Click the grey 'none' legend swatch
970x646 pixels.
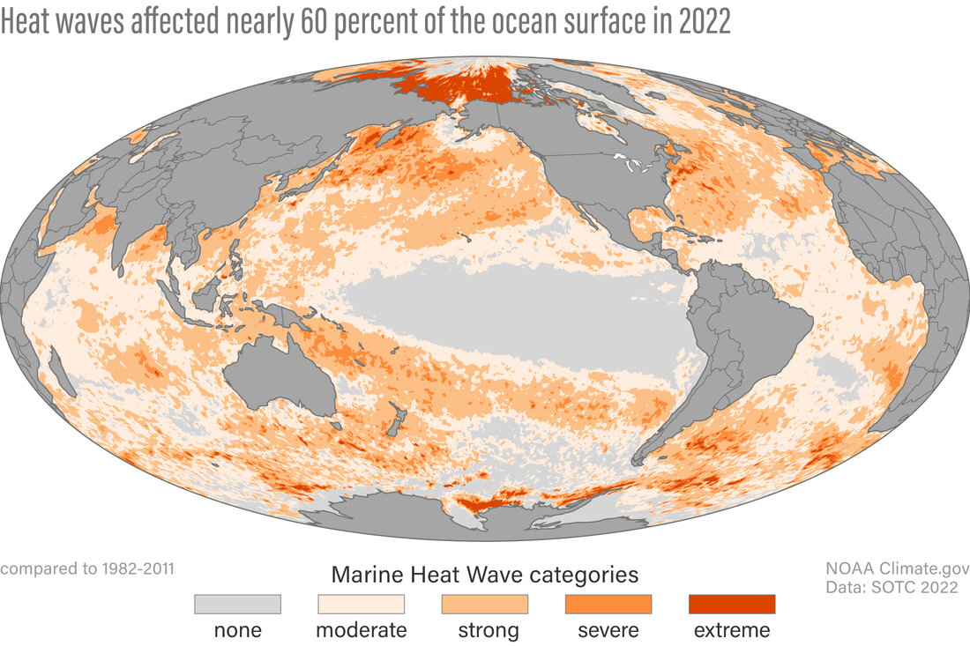[237, 604]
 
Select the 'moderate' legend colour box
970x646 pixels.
[361, 604]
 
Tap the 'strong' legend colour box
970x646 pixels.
[484, 604]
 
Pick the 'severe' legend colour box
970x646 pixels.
[608, 604]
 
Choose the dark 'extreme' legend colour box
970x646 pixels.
[731, 604]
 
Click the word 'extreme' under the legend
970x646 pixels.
[731, 630]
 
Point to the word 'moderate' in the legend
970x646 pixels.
[361, 630]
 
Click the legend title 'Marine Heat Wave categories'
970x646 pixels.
[484, 575]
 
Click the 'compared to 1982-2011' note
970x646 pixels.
[87, 568]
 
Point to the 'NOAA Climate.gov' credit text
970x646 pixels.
[897, 568]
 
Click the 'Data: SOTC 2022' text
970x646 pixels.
[892, 588]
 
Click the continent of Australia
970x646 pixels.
[279, 379]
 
